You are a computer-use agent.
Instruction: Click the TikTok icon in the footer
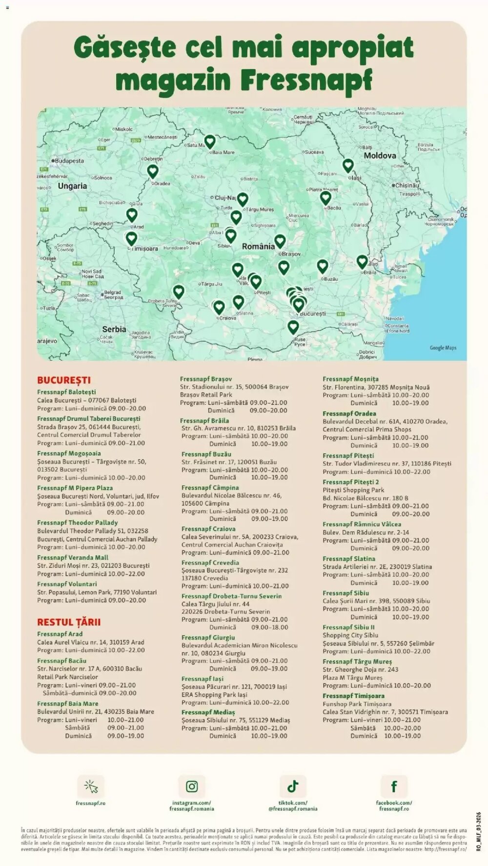[293, 787]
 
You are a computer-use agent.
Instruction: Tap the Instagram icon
[192, 787]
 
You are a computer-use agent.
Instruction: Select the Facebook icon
[394, 787]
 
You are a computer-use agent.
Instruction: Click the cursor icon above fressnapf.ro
[91, 787]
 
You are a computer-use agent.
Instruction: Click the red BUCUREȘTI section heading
[64, 380]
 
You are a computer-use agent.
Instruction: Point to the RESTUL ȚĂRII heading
[69, 622]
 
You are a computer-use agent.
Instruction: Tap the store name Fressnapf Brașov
[205, 379]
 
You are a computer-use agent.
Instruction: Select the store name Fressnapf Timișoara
[353, 696]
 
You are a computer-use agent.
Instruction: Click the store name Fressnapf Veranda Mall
[73, 557]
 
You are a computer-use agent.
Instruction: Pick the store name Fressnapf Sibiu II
[348, 628]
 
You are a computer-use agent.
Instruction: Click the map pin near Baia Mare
[210, 141]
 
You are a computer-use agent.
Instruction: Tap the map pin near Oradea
[153, 171]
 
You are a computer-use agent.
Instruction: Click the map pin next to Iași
[347, 165]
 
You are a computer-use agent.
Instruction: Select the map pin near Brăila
[362, 261]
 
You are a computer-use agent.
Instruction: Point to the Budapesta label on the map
[69, 160]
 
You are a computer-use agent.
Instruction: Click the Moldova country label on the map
[380, 156]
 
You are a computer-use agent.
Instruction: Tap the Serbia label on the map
[114, 329]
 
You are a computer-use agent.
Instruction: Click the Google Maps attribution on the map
[443, 348]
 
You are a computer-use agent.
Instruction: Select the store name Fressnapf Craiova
[208, 529]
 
